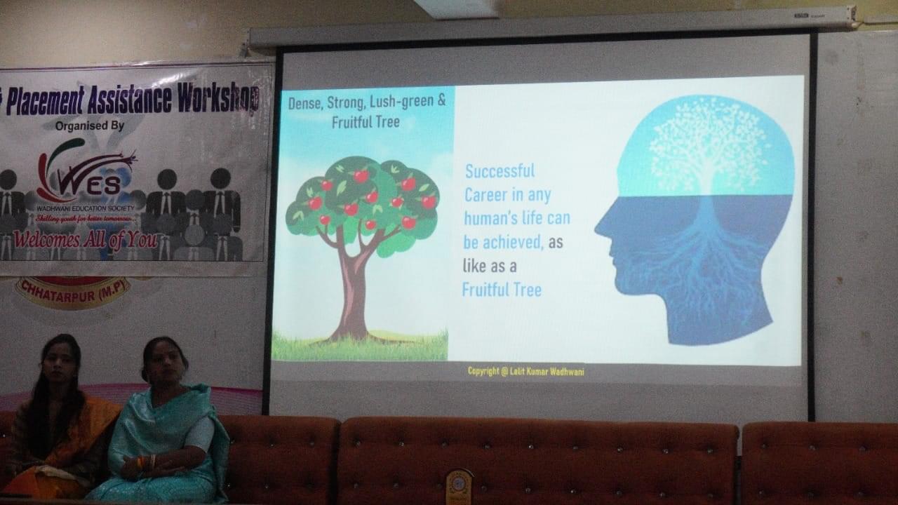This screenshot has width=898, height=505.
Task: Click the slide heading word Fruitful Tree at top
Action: point(366,122)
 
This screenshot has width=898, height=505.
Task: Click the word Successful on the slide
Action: point(500,171)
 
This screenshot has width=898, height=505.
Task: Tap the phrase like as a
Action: point(499,265)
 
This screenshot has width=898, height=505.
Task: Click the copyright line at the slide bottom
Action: point(525,371)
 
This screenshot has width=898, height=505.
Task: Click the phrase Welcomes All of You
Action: point(85,240)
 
